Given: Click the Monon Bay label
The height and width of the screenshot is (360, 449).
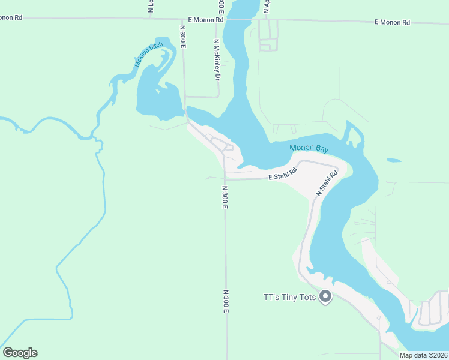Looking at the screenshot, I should point(309,148).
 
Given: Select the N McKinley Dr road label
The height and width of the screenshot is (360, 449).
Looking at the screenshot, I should point(217,60).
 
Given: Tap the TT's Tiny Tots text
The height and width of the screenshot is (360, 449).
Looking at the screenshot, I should point(289,297).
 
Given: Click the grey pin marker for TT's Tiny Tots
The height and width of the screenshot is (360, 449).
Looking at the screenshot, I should point(325,296).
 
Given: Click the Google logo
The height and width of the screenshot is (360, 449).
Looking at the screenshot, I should point(20,353).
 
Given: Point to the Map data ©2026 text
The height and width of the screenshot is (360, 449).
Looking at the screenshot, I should point(424,355).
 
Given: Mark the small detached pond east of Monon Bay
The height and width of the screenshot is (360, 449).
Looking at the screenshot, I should point(393,160).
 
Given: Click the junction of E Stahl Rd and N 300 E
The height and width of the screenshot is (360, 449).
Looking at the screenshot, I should point(224,179).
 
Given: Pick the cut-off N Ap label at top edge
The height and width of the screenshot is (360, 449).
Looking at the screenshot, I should point(265,7).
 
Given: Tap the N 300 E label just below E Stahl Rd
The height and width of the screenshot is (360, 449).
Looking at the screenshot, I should point(225,197).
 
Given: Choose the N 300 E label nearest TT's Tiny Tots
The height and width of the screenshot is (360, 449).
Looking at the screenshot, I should point(226,301).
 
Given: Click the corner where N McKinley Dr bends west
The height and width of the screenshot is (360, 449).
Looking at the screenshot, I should point(218,96).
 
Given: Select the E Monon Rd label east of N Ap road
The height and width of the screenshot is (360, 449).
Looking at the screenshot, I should point(392,22).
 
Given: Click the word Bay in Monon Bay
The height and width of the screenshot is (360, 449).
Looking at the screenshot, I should point(323,149).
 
